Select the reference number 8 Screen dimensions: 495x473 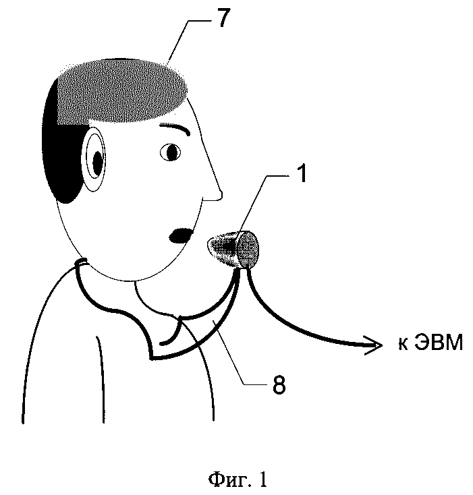pyautogui.click(x=279, y=385)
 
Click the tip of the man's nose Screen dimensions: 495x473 pyautogui.click(x=219, y=196)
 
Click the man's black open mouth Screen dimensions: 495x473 pyautogui.click(x=179, y=235)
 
